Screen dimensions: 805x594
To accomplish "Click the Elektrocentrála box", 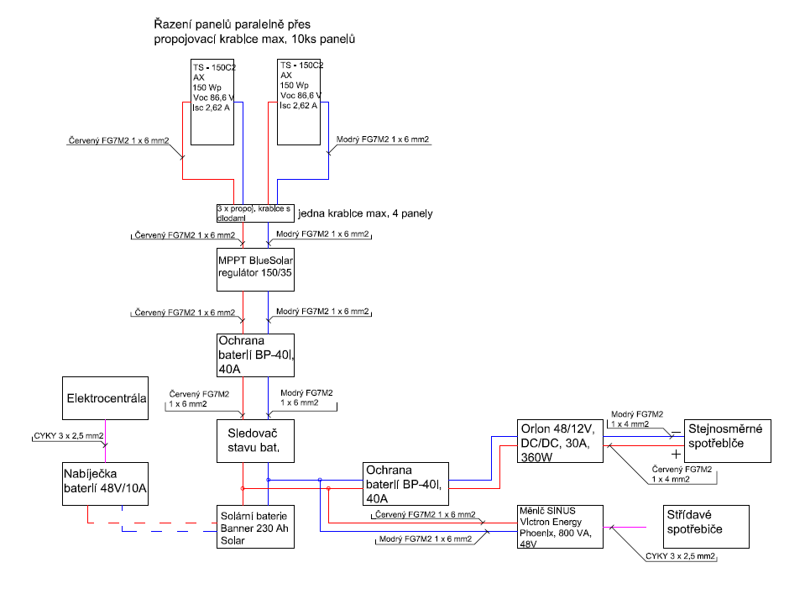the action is point(105,398).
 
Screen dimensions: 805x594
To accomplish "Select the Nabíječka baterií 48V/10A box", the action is point(105,484).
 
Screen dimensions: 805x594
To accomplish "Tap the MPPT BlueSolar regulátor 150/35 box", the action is point(255,270).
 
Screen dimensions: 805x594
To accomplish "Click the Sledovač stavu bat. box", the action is point(255,441).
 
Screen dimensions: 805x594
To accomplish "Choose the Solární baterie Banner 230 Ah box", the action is point(255,527).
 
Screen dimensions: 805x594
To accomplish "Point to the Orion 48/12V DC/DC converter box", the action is point(560,441).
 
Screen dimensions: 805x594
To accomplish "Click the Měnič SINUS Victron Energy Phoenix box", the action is point(560,527).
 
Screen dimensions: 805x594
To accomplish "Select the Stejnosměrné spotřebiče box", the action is point(728,441).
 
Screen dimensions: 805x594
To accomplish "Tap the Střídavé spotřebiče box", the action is point(706,527).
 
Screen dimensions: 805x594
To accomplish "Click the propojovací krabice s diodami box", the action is point(255,213).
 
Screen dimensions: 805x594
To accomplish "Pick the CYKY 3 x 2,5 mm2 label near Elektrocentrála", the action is point(68,436).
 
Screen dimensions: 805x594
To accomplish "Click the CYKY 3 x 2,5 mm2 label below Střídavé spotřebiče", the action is point(680,556).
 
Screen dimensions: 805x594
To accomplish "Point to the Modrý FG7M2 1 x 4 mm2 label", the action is point(637,418).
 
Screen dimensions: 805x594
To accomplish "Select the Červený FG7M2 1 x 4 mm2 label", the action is point(682,474).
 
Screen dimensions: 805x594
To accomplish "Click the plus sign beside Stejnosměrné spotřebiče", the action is point(676,455).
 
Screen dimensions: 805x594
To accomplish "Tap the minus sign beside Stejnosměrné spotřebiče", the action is point(676,433).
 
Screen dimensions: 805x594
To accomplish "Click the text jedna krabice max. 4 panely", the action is point(365,213).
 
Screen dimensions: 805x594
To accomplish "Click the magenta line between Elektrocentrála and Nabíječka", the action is point(105,441).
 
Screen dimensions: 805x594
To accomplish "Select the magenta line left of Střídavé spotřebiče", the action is point(625,527).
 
